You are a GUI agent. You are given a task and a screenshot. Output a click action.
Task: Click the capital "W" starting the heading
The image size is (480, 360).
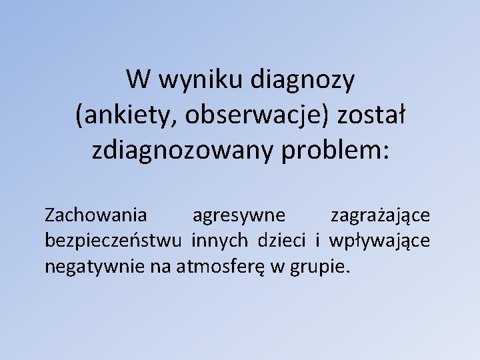coord(137,81)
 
